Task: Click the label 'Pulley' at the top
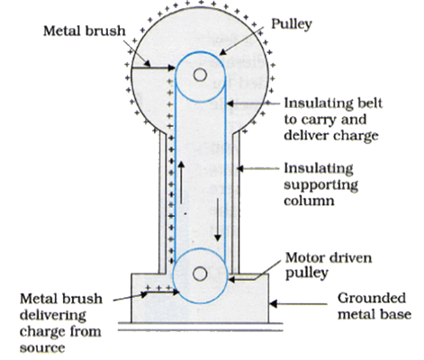point(292,24)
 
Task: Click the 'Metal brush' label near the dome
point(85,31)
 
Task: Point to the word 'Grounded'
point(372,298)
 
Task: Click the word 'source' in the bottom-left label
point(42,348)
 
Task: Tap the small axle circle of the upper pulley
point(200,75)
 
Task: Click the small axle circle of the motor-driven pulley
point(200,274)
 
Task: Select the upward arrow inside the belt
point(181,183)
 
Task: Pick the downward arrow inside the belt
point(218,220)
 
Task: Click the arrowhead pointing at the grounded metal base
point(274,304)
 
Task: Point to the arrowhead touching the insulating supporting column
point(239,168)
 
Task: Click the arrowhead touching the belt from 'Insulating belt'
point(230,103)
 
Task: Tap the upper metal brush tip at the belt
point(172,68)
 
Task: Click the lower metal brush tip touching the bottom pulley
point(176,292)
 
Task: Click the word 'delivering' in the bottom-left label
point(53,315)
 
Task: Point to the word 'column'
point(309,201)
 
